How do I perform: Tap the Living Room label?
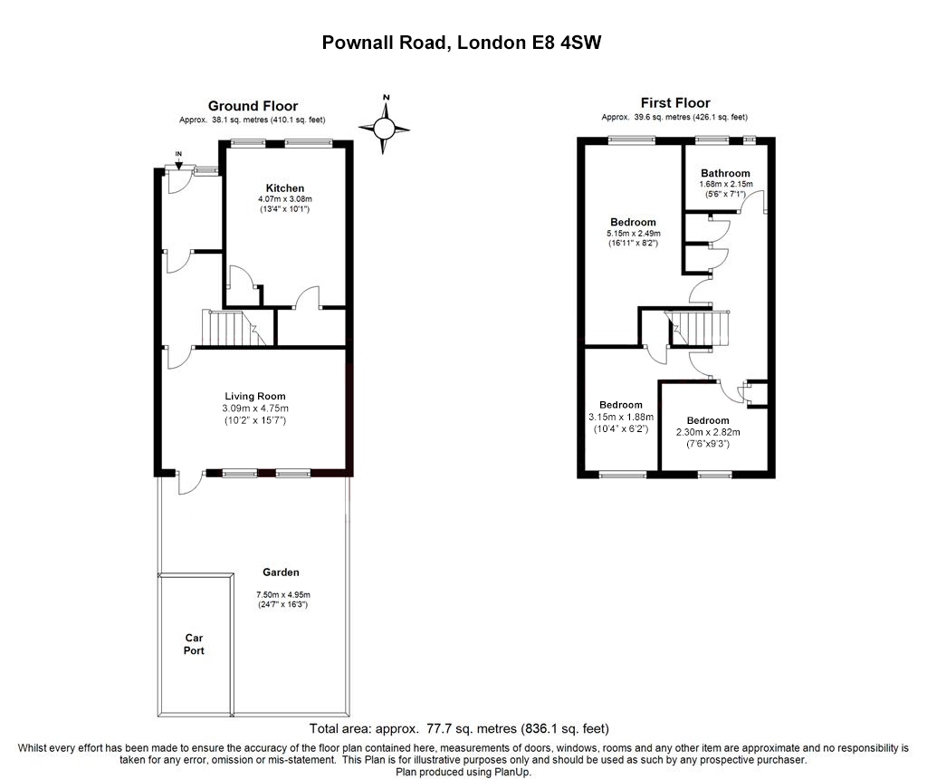(255, 396)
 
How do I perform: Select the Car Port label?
(194, 644)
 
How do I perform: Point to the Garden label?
(281, 572)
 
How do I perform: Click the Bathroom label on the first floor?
(725, 173)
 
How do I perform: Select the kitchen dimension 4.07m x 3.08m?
(284, 199)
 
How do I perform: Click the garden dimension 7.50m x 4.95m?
(282, 595)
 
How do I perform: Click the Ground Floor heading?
(253, 106)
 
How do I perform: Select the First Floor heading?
(675, 103)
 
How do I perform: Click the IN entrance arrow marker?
(178, 159)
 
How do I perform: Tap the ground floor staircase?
(227, 327)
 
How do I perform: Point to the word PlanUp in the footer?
(512, 773)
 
